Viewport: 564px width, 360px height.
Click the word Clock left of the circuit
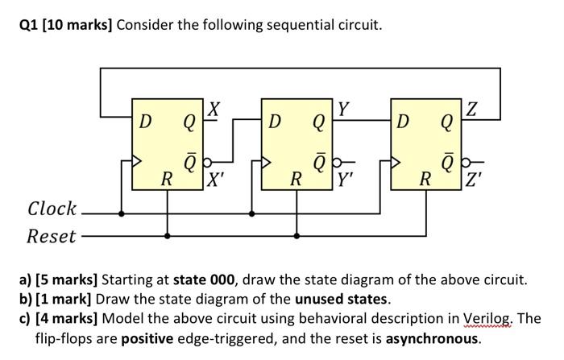tap(52, 209)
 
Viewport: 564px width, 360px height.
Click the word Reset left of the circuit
tap(51, 237)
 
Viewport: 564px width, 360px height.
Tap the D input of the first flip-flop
tap(144, 122)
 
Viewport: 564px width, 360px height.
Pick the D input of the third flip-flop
tap(404, 122)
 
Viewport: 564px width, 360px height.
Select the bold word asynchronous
tap(432, 338)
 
